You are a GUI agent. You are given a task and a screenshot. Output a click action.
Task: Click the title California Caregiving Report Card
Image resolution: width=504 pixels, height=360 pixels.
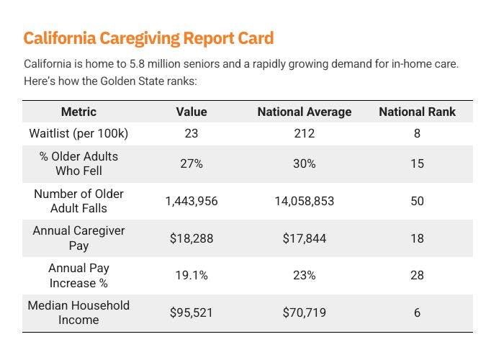pos(148,38)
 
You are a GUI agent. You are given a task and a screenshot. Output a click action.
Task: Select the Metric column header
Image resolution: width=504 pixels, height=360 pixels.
pos(78,112)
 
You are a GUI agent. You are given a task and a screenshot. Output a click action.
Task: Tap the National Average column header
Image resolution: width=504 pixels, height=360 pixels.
pos(304,112)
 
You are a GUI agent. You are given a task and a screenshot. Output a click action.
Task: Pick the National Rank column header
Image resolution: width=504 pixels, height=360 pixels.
pos(417,112)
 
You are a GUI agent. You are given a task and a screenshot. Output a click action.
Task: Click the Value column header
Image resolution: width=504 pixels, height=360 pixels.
pos(192,112)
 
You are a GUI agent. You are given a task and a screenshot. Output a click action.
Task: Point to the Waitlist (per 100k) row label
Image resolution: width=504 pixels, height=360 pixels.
pos(78,133)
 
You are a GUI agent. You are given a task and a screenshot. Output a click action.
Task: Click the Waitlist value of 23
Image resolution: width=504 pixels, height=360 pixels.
pos(192,133)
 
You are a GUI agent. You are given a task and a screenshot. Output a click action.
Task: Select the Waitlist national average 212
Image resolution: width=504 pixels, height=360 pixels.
pos(304,133)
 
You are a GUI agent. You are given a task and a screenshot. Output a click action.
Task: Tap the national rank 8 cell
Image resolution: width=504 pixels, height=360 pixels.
pos(417,133)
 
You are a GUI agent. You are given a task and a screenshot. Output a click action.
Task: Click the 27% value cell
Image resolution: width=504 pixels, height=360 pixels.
pos(192,163)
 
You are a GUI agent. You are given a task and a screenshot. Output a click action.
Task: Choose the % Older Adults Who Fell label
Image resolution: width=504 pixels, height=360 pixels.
pos(78,163)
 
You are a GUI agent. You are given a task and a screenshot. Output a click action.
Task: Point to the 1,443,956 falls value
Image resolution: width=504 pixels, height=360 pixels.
pos(192,201)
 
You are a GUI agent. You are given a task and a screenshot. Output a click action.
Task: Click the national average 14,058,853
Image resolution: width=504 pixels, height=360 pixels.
pos(304,201)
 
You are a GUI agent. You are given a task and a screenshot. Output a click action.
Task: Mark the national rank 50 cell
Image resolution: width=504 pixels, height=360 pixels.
pos(417,201)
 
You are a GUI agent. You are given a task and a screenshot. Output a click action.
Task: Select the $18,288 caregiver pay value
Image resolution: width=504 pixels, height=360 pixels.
pos(192,238)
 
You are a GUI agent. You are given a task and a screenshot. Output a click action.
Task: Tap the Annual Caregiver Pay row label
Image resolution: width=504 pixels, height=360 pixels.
pos(78,238)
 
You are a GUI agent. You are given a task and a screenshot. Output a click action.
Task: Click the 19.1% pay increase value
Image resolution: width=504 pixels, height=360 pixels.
pos(192,275)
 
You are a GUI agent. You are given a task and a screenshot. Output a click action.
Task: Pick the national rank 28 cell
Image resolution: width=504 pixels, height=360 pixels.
pos(417,275)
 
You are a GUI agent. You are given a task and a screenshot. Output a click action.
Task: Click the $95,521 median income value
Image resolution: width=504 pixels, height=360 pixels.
pos(192,312)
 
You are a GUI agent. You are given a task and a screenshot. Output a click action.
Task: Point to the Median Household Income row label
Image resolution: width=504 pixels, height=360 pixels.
pos(78,312)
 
